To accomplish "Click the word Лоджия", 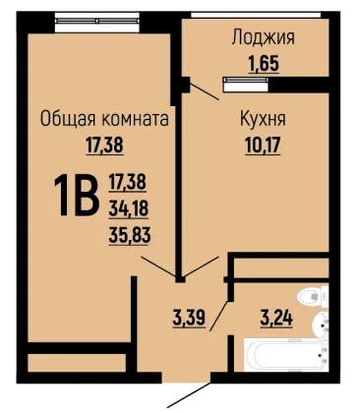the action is (264, 37).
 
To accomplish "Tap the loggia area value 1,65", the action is (264, 63).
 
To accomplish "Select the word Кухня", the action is (264, 119).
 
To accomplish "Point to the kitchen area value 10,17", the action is (263, 146).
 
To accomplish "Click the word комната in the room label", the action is (136, 119).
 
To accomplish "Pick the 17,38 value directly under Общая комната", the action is (104, 146).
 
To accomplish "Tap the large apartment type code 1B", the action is (77, 195).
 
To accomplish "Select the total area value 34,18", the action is (128, 208).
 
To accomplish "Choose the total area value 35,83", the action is (130, 235).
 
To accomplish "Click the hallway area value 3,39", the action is (189, 318).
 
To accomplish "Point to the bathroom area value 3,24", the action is (276, 318).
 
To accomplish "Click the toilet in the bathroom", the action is (313, 296).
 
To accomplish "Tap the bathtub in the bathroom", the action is (286, 355).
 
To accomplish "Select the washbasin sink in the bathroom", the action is (321, 324).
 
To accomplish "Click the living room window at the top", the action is (97, 22).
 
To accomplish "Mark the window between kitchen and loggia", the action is (245, 84).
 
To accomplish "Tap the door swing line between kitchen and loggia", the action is (204, 90).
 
